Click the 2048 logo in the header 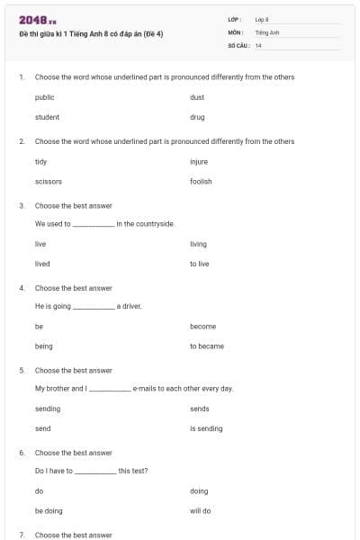[x=37, y=21]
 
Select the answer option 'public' [x=44, y=97]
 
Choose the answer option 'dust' [x=197, y=97]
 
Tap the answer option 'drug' [x=197, y=117]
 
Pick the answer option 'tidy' [x=40, y=162]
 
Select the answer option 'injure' [x=199, y=162]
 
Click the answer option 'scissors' [x=48, y=182]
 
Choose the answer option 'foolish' [x=201, y=182]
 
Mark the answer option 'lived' [x=42, y=264]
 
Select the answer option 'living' [x=198, y=244]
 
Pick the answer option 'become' [x=202, y=327]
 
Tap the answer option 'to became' [x=207, y=346]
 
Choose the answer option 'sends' [x=199, y=409]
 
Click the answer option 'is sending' [x=206, y=428]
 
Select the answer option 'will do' [x=200, y=511]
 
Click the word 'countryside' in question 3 [x=155, y=223]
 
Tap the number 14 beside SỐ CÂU [x=258, y=45]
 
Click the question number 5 [x=21, y=370]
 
